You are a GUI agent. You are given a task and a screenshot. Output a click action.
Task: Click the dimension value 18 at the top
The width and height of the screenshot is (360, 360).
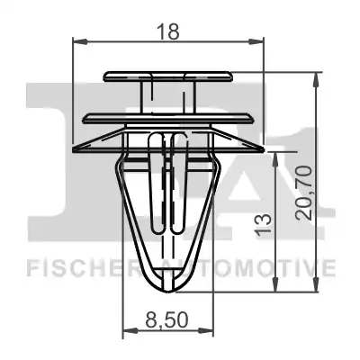pyautogui.click(x=168, y=31)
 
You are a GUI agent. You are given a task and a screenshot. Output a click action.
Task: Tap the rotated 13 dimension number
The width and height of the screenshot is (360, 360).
pyautogui.click(x=263, y=224)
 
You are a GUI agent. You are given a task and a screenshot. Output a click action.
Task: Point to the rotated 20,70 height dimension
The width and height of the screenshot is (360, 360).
pyautogui.click(x=304, y=193)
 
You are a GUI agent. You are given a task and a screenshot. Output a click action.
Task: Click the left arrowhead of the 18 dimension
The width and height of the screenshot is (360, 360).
pyautogui.click(x=80, y=41)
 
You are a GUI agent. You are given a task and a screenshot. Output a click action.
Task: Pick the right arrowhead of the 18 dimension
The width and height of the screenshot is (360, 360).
pyautogui.click(x=256, y=41)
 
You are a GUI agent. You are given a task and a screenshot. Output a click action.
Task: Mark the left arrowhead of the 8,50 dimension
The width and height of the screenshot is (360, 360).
pyautogui.click(x=130, y=331)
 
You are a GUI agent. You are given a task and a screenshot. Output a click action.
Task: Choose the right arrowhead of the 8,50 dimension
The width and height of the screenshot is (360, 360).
pyautogui.click(x=206, y=331)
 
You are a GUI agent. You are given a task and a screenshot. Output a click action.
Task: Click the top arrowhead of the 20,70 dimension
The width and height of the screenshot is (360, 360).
pyautogui.click(x=316, y=79)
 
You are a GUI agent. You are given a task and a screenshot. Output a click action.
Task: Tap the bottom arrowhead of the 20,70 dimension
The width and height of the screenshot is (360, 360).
pyautogui.click(x=316, y=284)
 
